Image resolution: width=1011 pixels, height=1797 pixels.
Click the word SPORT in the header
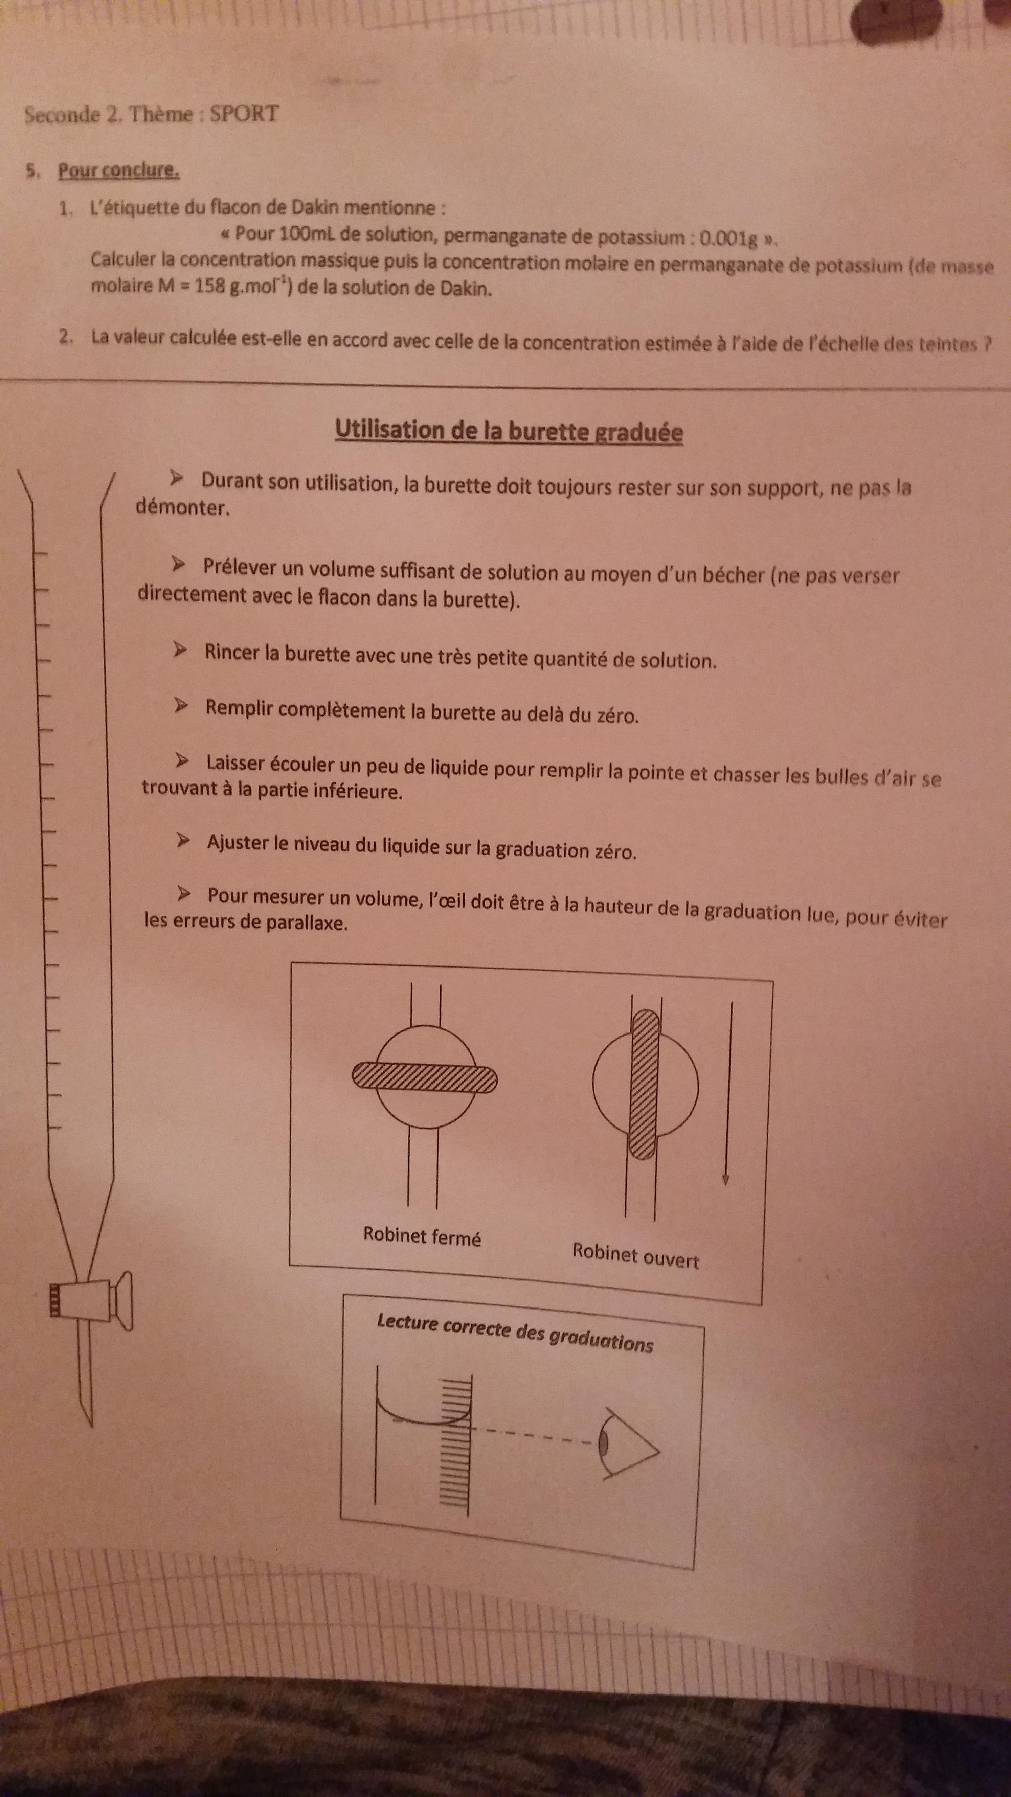tap(244, 114)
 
